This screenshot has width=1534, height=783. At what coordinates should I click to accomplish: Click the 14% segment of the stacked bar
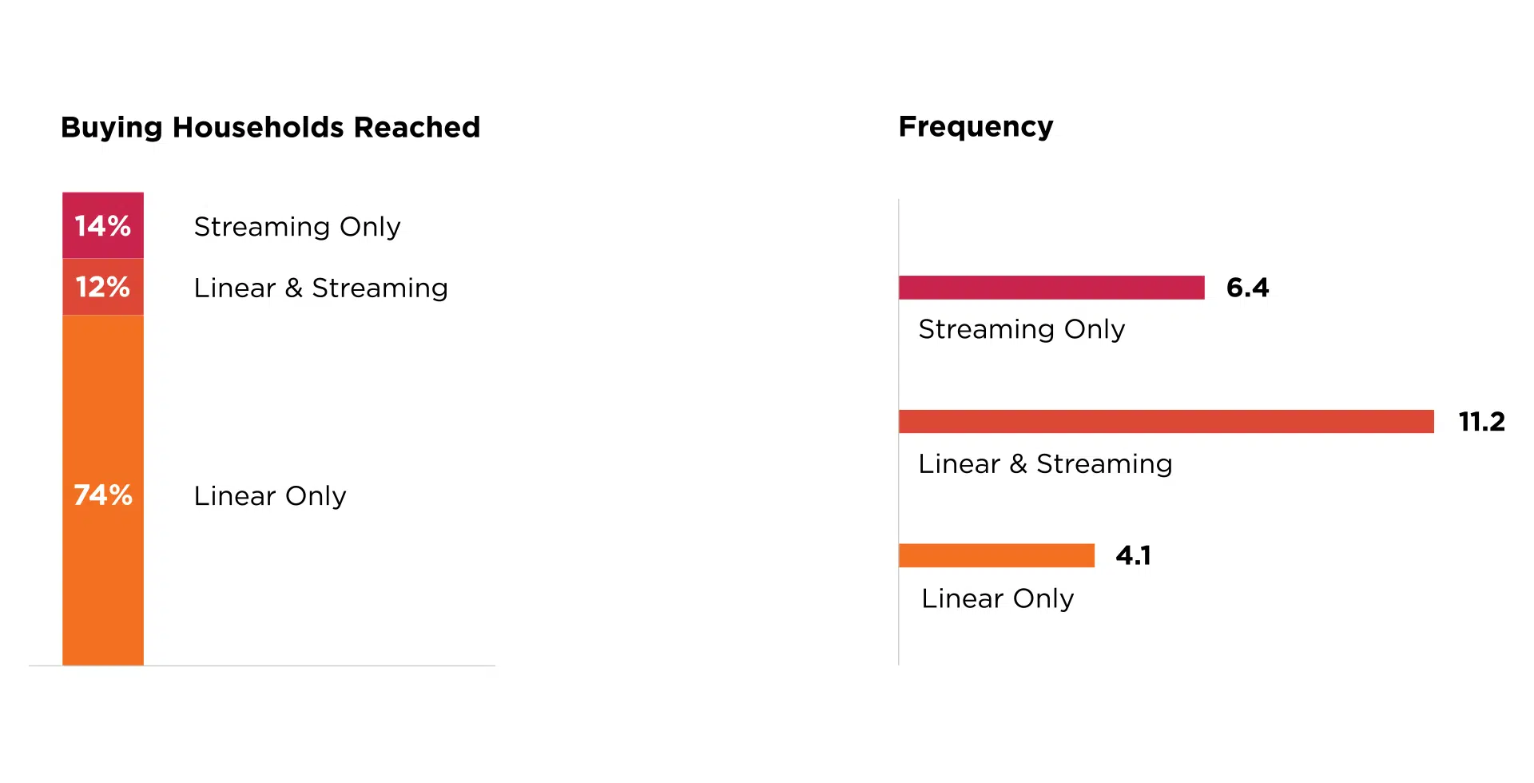coord(103,225)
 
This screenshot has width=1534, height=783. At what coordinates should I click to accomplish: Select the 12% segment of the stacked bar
coord(103,287)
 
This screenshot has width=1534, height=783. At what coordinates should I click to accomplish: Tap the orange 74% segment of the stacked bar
coord(103,490)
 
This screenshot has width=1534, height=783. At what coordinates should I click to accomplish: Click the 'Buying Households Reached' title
coord(270,128)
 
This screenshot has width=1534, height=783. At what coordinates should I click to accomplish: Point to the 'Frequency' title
coord(976,127)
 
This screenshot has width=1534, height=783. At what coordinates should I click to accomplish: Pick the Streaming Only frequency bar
coord(1051,288)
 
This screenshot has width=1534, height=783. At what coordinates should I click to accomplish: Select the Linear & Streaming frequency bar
coord(1166,421)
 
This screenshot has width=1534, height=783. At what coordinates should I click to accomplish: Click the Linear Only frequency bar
coord(996,555)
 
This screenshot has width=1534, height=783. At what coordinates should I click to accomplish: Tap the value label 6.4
coord(1247,288)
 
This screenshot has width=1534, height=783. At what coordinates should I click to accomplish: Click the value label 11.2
coord(1481,421)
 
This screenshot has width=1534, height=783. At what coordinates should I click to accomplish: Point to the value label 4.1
coord(1134,555)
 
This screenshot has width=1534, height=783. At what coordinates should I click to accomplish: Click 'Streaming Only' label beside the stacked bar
coord(297,227)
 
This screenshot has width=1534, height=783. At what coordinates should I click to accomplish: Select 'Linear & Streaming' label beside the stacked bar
coord(320,288)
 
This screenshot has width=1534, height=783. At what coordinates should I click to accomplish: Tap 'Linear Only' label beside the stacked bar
coord(270,496)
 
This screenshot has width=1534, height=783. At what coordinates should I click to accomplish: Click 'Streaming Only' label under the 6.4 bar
coord(1021,329)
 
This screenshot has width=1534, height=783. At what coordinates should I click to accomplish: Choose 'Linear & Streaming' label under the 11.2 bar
coord(1045,463)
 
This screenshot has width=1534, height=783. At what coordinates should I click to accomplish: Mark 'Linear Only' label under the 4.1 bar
coord(997,598)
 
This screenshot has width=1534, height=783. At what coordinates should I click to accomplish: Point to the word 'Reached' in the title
coord(417,127)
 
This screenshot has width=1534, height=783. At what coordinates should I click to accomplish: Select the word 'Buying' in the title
coord(112,128)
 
